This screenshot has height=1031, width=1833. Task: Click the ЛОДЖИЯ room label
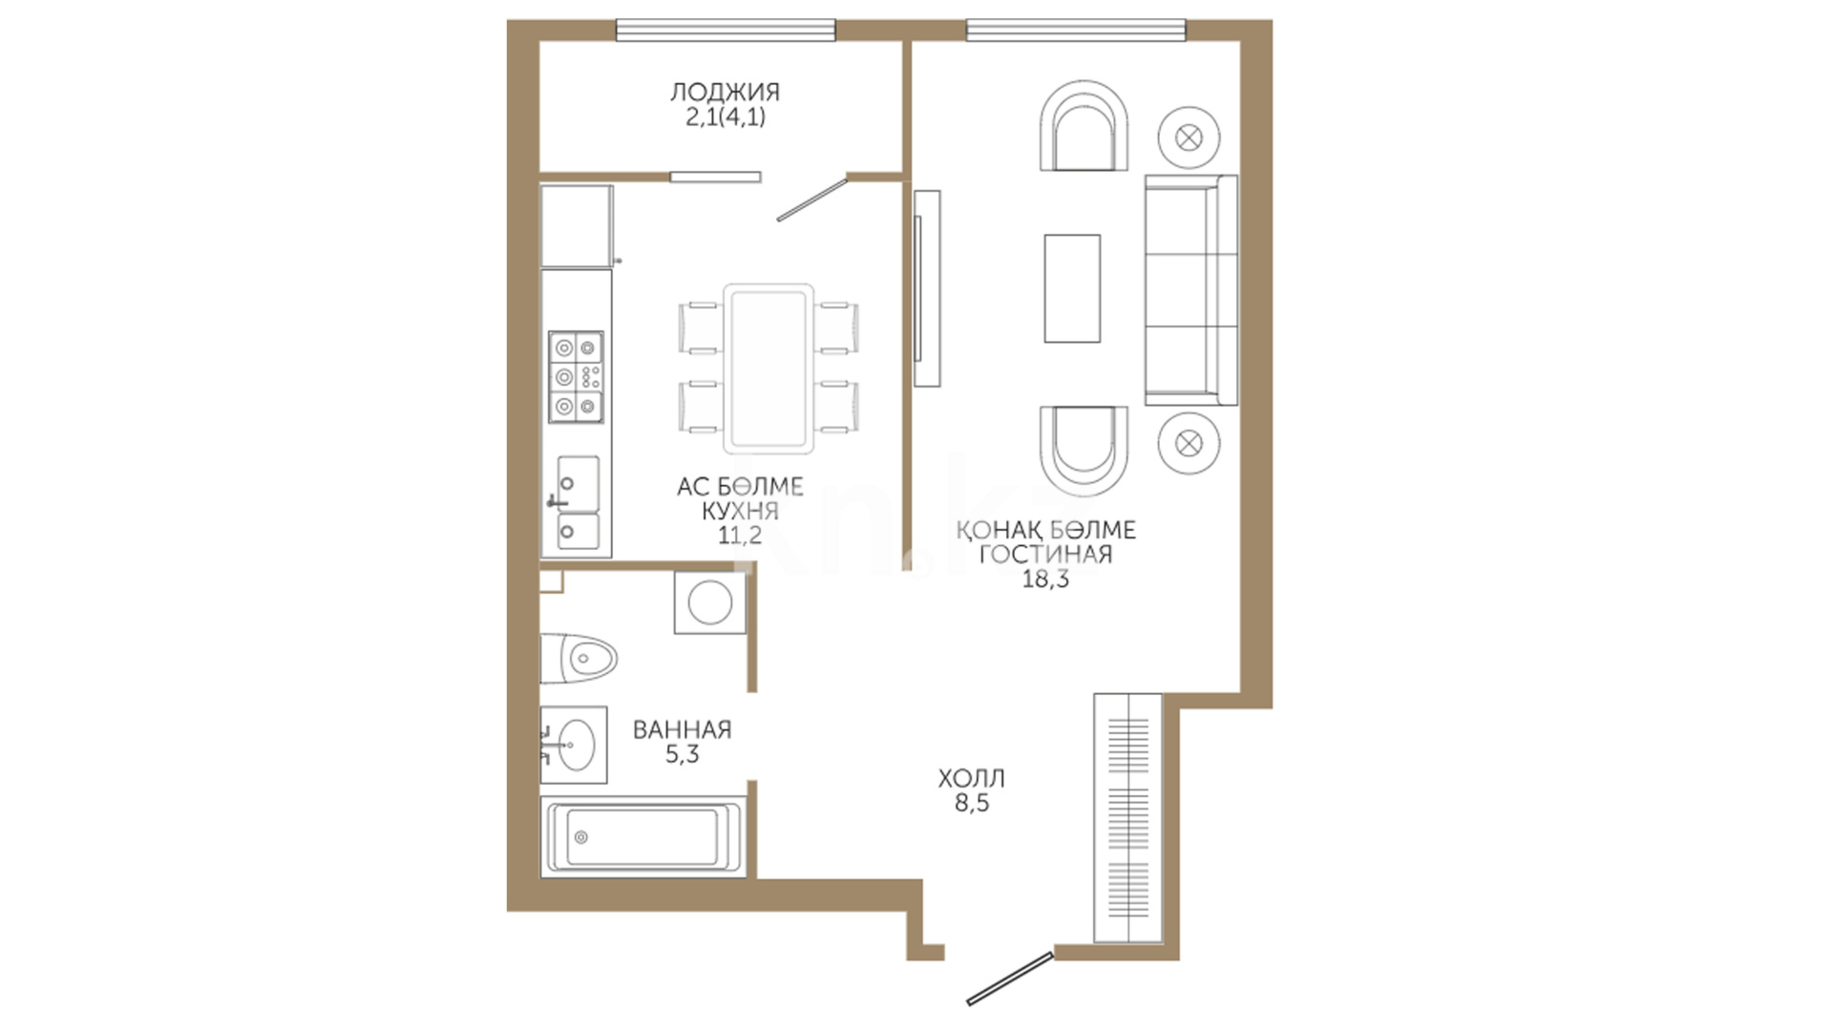725,92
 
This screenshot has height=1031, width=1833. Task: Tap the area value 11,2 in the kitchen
740,535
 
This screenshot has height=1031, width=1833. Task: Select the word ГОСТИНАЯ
1045,555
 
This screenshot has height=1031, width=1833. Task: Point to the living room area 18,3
1045,579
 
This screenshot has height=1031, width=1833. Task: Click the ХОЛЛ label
972,779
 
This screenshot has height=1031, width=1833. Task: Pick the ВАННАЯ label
682,730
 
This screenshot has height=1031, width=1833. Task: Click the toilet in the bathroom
579,658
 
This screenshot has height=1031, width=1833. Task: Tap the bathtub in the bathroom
642,837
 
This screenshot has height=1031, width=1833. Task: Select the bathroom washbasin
574,745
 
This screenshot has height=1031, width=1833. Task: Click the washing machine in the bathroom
709,602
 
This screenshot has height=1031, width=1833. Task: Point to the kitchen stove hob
576,377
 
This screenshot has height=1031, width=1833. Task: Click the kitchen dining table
769,368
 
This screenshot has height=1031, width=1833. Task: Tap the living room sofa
1190,290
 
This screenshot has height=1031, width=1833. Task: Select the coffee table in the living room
1072,288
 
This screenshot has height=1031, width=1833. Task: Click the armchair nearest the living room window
1085,125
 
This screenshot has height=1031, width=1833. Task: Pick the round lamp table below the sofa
1189,443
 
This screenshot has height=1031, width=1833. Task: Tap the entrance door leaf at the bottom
1010,978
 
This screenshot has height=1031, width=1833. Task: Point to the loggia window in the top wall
726,31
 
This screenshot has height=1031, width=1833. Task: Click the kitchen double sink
579,503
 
